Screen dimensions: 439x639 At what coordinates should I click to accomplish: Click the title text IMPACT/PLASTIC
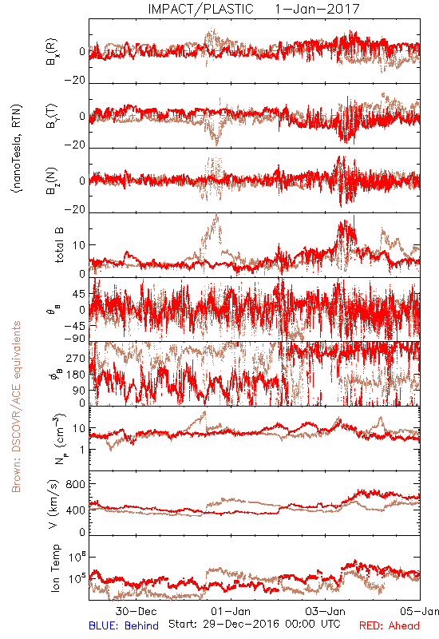[200, 9]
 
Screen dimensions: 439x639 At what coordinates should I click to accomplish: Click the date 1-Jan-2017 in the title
[317, 9]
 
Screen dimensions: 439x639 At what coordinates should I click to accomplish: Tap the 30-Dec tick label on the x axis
[136, 611]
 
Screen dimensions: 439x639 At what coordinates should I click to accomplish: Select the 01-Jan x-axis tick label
[231, 611]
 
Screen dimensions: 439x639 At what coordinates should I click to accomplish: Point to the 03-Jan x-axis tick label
[326, 611]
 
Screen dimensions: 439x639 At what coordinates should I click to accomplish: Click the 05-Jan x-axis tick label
[420, 611]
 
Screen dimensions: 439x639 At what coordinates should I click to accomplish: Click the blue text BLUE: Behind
[124, 625]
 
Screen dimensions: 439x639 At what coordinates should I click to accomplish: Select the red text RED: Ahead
[390, 625]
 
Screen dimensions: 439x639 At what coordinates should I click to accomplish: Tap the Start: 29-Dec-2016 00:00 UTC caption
[255, 624]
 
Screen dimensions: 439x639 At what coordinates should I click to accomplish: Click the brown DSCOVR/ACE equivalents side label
[16, 407]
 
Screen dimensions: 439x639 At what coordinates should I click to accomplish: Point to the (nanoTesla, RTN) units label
[17, 149]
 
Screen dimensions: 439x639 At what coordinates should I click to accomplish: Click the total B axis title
[59, 245]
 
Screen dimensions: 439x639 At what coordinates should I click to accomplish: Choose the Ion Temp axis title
[55, 568]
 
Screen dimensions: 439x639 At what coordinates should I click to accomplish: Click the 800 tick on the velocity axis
[76, 484]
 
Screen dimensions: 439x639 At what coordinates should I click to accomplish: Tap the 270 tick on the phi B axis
[76, 358]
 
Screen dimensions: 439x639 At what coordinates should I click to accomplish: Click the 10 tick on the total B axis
[79, 245]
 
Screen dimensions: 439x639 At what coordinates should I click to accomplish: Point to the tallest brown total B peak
[217, 215]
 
